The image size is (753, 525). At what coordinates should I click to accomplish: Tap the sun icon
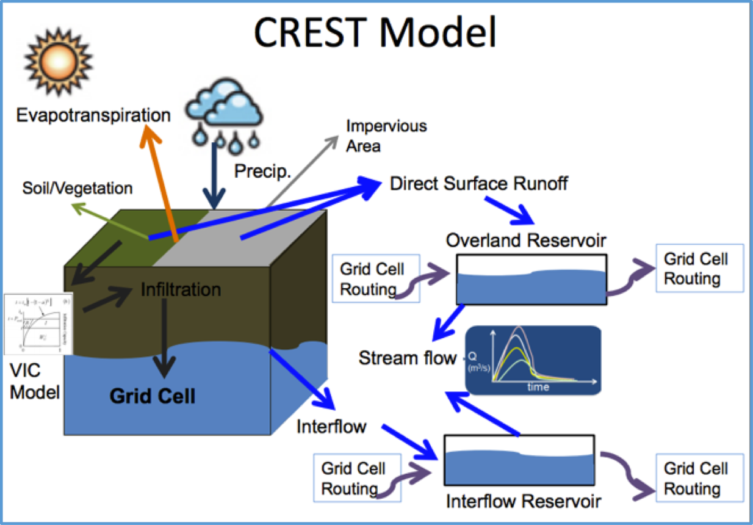tap(57, 61)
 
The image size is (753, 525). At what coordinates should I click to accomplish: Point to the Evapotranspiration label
tap(93, 115)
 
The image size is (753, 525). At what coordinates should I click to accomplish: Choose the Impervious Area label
tap(386, 136)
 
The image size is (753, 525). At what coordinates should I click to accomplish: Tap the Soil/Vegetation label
tap(77, 188)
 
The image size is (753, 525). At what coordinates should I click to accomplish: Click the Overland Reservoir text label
tap(527, 240)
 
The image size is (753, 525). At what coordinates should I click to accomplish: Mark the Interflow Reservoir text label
tap(524, 502)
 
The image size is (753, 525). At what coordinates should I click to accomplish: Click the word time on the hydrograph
tap(539, 387)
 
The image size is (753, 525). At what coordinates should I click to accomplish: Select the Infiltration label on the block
tap(181, 289)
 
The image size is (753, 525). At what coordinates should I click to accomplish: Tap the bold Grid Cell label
tap(153, 396)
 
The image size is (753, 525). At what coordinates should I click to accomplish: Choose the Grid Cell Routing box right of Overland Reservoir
tap(699, 269)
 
